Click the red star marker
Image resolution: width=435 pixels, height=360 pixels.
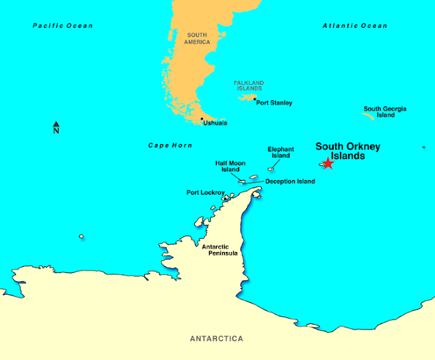coord(328,163)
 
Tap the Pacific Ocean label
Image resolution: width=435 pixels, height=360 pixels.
coord(63,26)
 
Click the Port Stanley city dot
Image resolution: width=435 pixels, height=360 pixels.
coord(255,100)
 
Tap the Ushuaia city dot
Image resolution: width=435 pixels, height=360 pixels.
coord(201,119)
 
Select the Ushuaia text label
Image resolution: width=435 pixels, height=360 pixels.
coord(215,123)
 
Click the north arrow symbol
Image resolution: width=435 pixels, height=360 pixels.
coord(56,128)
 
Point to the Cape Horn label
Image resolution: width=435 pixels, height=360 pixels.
coord(170,145)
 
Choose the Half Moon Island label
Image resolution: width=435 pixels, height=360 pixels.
coord(230,166)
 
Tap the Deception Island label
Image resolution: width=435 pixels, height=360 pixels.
coord(290,181)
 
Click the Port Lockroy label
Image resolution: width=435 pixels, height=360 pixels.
coord(206,193)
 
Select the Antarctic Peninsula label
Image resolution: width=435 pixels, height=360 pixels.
coord(220,249)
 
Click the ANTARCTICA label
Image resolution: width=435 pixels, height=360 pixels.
coord(216,338)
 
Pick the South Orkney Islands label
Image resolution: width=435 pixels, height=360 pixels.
coord(347,151)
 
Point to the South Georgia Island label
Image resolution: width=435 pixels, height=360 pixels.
coord(385,112)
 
